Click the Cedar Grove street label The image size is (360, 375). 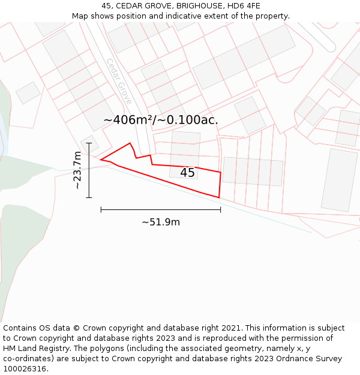pos(119,82)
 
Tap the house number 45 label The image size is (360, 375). pos(187,173)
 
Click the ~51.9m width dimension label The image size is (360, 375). pos(161,222)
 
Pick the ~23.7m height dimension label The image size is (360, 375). pos(77,170)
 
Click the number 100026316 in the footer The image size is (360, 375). pos(25,369)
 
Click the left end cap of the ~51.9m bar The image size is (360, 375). pos(101,209)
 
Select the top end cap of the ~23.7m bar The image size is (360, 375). pos(89,143)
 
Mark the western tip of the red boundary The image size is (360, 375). pos(100,160)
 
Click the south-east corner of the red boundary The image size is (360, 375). pos(219,197)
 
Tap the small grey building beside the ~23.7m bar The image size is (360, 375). pos(90,145)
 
